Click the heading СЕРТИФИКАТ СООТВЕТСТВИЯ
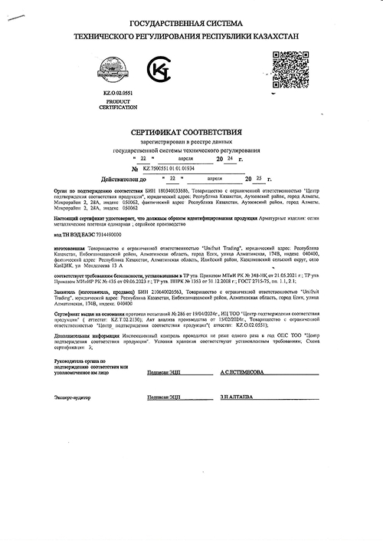pyautogui.click(x=191, y=133)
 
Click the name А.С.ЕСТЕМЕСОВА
pyautogui.click(x=242, y=371)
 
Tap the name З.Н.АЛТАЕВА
pyautogui.click(x=237, y=398)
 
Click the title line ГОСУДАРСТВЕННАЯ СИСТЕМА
pyautogui.click(x=191, y=24)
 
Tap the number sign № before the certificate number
pyautogui.click(x=136, y=169)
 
